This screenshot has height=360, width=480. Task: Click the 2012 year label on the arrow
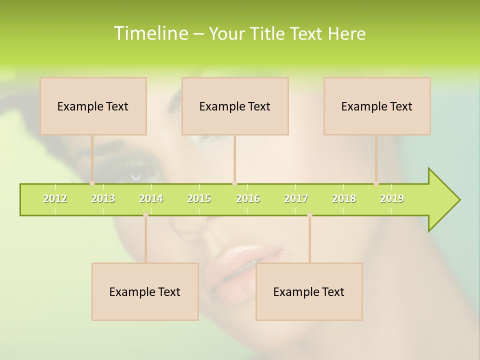click(x=55, y=198)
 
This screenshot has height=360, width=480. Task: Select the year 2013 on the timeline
click(x=103, y=198)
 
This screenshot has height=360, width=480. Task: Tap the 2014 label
click(x=151, y=198)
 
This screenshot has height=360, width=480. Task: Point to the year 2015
click(x=199, y=198)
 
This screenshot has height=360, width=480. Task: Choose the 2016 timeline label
click(x=248, y=198)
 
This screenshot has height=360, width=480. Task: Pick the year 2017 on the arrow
click(x=296, y=198)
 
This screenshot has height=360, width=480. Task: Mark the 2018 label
click(x=344, y=198)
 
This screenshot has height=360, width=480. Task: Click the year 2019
click(x=392, y=198)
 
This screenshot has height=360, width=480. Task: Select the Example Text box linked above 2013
click(x=93, y=106)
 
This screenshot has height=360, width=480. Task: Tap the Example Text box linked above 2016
click(x=235, y=106)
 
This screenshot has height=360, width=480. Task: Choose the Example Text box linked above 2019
click(x=377, y=106)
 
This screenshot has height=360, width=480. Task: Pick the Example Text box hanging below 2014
click(x=145, y=291)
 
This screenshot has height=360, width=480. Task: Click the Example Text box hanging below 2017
click(x=309, y=291)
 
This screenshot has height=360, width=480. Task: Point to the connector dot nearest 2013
click(x=92, y=183)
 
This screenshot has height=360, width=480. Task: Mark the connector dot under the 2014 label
click(x=145, y=215)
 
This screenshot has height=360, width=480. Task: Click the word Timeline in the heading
click(x=150, y=33)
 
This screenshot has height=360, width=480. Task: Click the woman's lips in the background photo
click(x=240, y=262)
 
